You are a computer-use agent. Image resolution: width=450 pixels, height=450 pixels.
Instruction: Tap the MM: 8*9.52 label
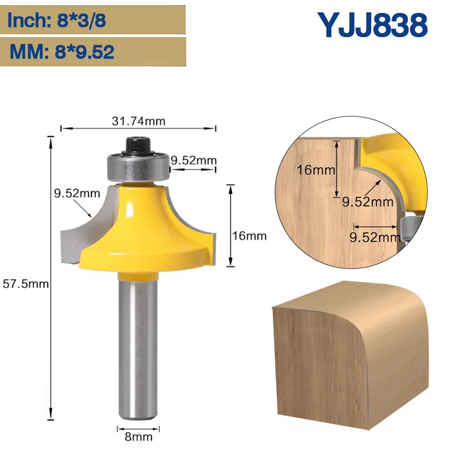[x=61, y=52]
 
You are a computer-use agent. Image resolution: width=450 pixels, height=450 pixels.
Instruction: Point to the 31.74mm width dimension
[x=138, y=120]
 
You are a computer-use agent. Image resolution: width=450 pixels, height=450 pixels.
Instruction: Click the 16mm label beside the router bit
[x=249, y=236]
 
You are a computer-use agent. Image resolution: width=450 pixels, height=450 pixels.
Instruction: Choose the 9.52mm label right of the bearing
[x=193, y=160]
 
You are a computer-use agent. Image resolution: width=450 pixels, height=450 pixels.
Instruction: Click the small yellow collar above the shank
[x=138, y=274]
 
